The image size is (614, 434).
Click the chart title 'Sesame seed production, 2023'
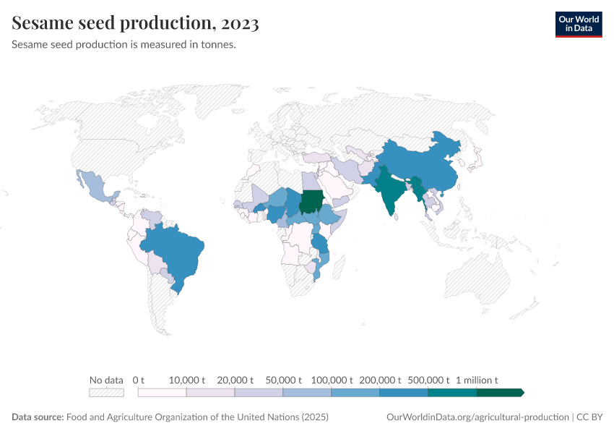coord(135,23)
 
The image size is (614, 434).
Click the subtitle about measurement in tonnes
coord(124,44)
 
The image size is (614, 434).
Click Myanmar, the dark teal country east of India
coord(418,190)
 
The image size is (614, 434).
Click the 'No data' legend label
coord(106,380)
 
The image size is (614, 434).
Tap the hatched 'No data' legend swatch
coord(106,392)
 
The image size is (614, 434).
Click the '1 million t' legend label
coord(477,380)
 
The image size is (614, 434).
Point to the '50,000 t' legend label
coord(283,380)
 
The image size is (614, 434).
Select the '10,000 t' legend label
coord(187,380)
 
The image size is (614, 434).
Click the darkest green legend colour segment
coord(500,392)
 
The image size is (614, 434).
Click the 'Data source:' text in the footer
coord(38,417)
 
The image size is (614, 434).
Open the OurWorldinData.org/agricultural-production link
coord(477,417)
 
